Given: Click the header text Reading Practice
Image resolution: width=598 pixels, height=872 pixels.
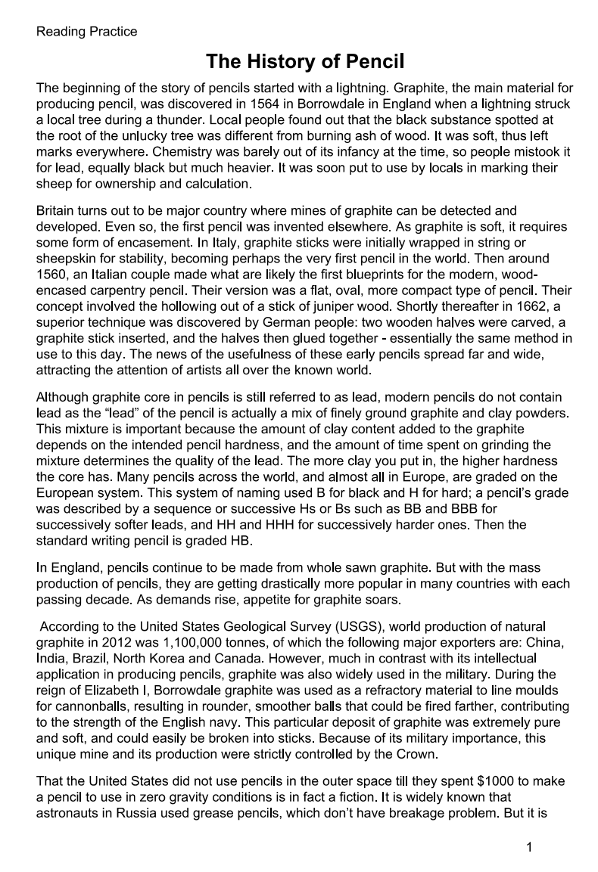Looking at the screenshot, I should point(87,32).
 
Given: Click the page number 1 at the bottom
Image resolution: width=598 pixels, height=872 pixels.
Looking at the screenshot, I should point(529,847).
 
